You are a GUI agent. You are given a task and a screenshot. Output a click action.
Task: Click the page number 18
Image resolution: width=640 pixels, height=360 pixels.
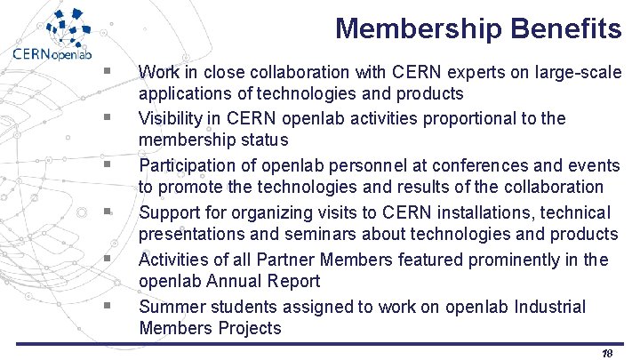607,353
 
